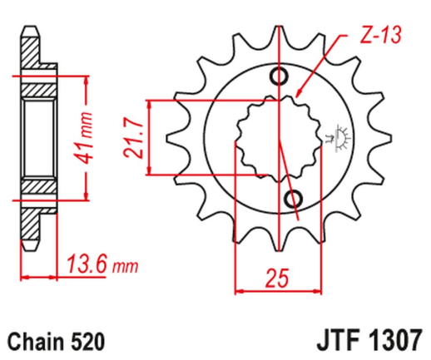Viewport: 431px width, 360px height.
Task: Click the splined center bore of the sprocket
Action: pos(276,137)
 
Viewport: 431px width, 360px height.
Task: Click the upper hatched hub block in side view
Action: pos(37,86)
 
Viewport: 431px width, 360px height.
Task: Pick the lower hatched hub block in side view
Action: pos(37,189)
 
